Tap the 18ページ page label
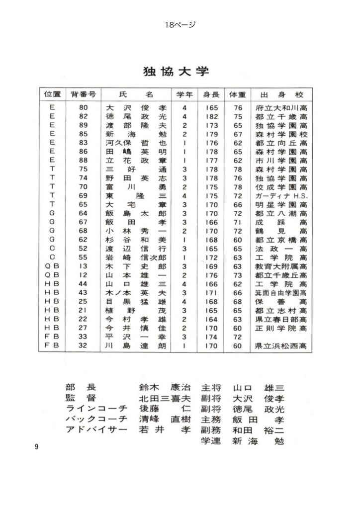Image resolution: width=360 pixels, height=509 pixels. tap(180, 24)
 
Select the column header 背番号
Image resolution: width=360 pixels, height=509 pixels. tap(83, 94)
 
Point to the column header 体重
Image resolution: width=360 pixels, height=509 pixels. tap(238, 94)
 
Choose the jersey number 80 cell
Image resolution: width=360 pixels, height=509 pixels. tap(83, 107)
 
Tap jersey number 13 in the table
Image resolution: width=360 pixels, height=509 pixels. tap(83, 266)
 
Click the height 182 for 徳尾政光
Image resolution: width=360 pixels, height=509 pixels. tap(211, 116)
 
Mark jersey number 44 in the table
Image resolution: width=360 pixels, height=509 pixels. tap(83, 284)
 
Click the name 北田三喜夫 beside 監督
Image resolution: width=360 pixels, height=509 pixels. tap(165, 398)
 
